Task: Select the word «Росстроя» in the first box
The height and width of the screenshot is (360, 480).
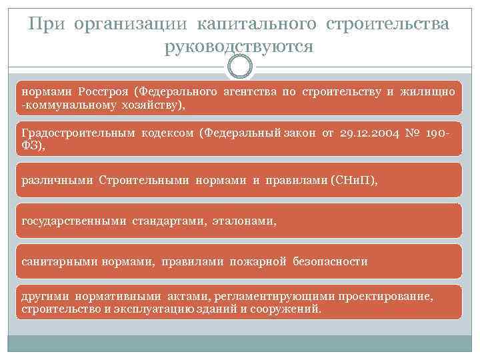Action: click(104, 91)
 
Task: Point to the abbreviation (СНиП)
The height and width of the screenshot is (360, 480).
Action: click(353, 180)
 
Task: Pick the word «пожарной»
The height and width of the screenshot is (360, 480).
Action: click(259, 262)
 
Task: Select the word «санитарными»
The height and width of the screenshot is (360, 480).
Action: click(60, 262)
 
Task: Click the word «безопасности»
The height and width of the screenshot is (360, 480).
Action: click(330, 262)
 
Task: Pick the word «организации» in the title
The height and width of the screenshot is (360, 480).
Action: click(133, 24)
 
